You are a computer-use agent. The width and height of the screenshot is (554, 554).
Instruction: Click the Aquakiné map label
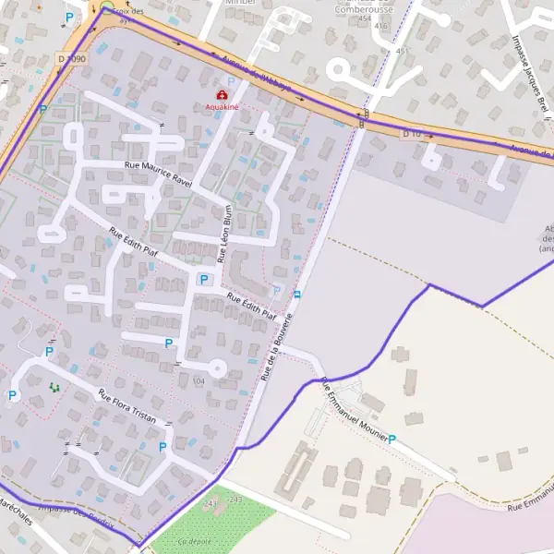(222, 107)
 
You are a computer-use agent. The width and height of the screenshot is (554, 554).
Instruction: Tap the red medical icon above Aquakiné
(222, 95)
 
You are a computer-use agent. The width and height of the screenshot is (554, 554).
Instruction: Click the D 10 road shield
(411, 134)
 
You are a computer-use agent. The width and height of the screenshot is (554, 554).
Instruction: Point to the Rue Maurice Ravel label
(158, 174)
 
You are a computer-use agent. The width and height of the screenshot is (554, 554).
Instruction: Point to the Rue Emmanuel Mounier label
(354, 411)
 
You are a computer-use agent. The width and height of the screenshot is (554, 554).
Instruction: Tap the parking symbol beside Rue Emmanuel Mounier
(391, 440)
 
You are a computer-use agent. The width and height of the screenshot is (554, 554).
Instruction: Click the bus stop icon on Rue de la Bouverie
(296, 295)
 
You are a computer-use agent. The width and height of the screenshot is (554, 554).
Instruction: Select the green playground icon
(53, 387)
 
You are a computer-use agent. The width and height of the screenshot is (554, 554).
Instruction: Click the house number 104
(199, 380)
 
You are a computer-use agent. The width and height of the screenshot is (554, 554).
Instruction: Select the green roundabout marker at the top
(106, 6)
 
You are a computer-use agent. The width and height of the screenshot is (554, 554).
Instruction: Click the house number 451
(401, 51)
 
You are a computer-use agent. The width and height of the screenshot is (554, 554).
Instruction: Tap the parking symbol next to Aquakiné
(231, 82)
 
